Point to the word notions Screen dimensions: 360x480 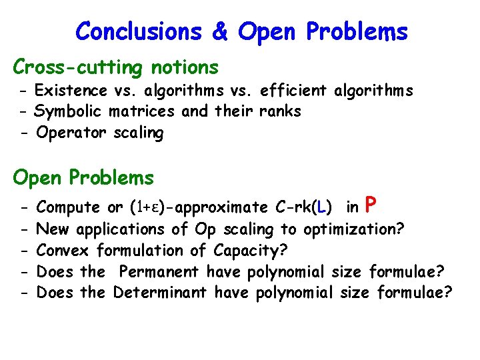(x=185, y=67)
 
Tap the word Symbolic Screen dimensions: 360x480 (x=69, y=111)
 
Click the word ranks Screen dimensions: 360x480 (x=283, y=111)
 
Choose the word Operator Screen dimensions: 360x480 (x=71, y=133)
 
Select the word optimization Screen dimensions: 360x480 (x=353, y=229)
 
